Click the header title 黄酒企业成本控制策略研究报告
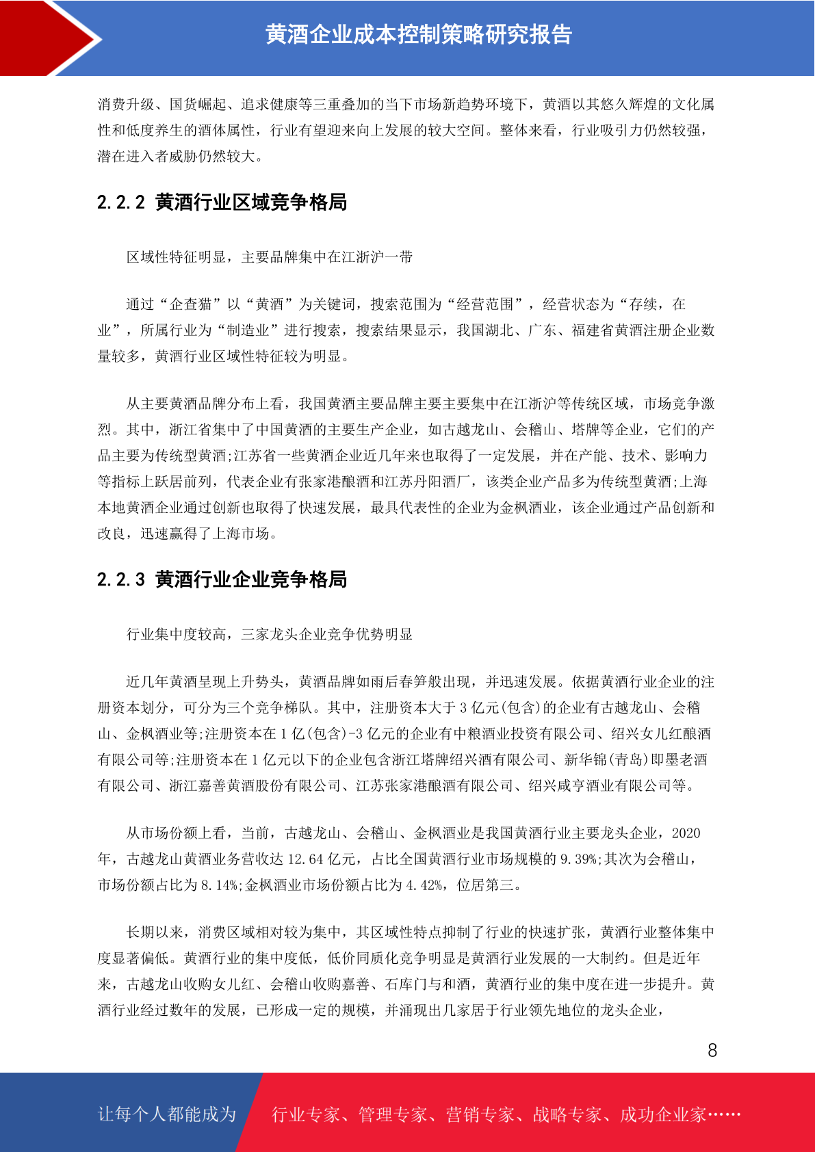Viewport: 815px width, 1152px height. [x=418, y=35]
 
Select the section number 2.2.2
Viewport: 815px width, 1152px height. [x=121, y=202]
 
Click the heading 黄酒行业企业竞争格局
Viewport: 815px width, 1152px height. [x=250, y=579]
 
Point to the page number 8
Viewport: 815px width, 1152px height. [x=712, y=1051]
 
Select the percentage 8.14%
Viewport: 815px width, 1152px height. [x=218, y=885]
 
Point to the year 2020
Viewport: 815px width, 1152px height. [x=686, y=833]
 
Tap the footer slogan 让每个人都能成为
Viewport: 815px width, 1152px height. [x=167, y=1114]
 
